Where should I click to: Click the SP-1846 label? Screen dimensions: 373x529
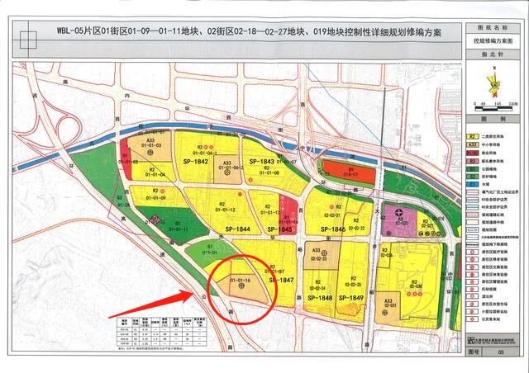pyautogui.click(x=331, y=229)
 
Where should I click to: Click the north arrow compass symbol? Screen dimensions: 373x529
pyautogui.click(x=495, y=82)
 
